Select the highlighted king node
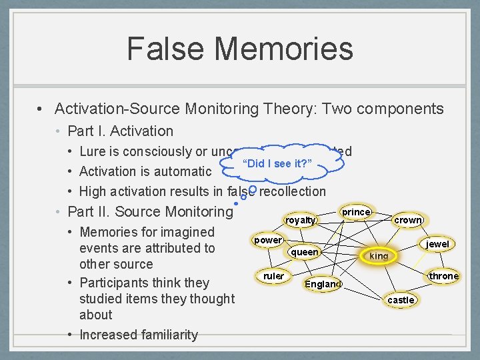(379, 256)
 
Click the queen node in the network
(305, 252)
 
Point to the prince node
(356, 212)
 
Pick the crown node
(407, 220)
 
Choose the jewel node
(437, 245)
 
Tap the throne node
(443, 276)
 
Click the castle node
(401, 300)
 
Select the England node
(323, 284)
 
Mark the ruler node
(273, 276)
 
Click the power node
(268, 240)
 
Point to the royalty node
(300, 220)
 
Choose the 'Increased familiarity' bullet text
(139, 335)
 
